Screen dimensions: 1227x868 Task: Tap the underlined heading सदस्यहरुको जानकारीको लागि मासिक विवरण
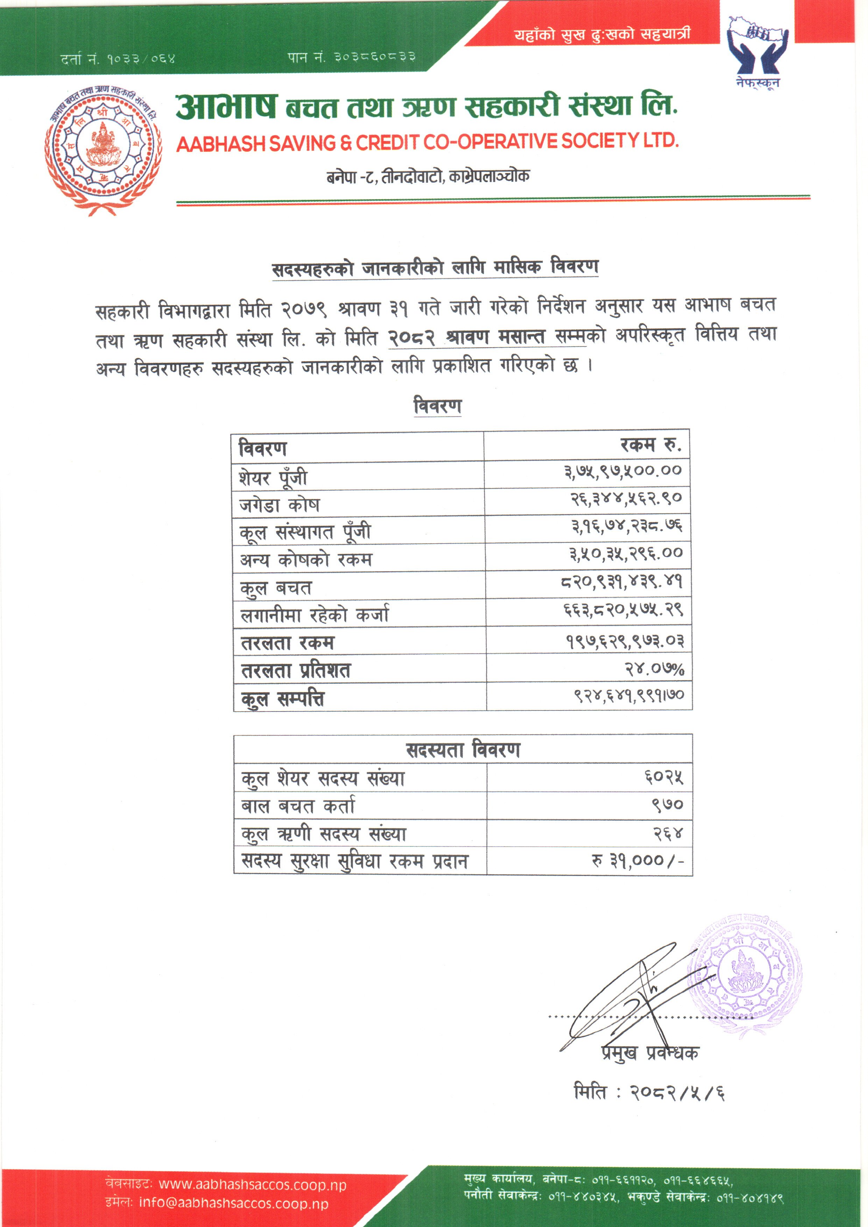[x=435, y=268]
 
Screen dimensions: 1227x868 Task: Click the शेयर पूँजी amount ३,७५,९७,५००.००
[x=623, y=471]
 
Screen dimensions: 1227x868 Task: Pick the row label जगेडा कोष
[x=280, y=505]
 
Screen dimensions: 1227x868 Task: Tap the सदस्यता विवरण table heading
[x=463, y=750]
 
